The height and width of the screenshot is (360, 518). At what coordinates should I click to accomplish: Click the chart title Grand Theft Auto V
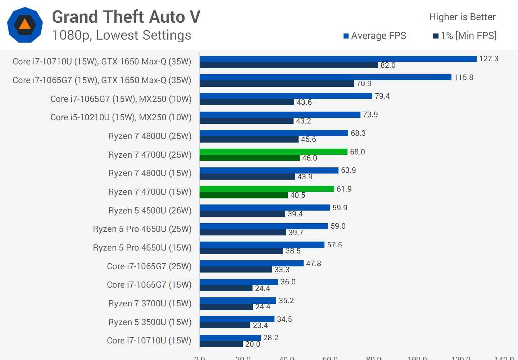126,17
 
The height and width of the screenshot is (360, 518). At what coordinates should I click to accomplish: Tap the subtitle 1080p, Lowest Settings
122,35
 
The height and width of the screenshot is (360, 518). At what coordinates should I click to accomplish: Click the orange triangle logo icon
25,24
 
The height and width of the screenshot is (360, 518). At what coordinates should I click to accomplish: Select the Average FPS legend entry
375,36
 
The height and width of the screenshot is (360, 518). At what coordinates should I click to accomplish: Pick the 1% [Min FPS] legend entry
465,36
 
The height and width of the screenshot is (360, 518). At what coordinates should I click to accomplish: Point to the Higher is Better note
462,17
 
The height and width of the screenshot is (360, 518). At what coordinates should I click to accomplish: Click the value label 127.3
489,59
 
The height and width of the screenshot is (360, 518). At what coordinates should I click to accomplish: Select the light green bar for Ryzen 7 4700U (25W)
273,152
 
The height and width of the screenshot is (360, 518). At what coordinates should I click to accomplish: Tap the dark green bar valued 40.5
244,195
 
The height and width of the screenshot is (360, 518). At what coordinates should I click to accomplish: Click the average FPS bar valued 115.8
325,77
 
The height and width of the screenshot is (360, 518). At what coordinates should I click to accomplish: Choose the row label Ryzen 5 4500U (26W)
150,211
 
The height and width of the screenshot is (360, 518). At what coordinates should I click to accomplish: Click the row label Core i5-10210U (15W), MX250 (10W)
121,117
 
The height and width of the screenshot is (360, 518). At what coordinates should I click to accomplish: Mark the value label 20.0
253,344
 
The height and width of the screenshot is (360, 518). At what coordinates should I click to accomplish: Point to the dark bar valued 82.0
288,65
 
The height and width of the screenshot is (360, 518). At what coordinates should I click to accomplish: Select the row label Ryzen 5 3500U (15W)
150,322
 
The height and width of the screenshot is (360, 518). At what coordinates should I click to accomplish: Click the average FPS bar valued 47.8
251,264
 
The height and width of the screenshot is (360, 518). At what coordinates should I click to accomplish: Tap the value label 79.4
382,96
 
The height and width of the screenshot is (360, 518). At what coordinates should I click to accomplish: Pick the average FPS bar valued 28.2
230,338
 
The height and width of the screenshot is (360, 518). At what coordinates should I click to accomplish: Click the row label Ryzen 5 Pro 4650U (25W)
142,229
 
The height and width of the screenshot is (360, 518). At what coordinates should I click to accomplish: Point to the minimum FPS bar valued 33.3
236,270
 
